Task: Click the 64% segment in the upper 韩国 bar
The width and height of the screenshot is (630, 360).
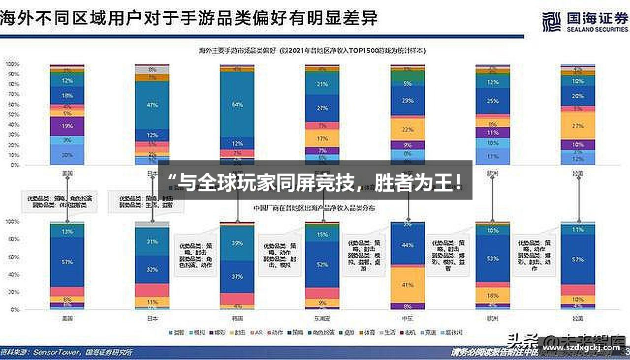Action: click(x=237, y=104)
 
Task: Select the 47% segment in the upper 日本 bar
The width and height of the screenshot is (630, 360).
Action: click(x=152, y=105)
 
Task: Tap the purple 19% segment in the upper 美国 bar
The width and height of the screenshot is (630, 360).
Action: click(x=67, y=126)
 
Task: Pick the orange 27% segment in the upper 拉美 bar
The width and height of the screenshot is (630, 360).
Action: click(x=578, y=125)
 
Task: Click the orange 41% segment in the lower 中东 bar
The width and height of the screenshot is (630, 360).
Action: click(x=408, y=285)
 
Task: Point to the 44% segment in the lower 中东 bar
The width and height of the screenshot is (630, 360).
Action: click(x=408, y=245)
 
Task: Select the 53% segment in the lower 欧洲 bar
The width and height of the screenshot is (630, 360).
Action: click(x=493, y=258)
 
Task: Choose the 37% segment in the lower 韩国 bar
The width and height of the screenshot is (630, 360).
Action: click(x=237, y=276)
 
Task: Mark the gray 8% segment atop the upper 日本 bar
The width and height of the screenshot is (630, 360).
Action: click(x=152, y=70)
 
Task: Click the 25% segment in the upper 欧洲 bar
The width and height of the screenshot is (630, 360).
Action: click(x=493, y=101)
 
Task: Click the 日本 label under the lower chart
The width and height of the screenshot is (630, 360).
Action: click(x=152, y=318)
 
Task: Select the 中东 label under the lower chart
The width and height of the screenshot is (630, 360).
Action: click(x=408, y=318)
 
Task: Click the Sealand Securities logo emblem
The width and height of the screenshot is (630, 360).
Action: click(x=551, y=22)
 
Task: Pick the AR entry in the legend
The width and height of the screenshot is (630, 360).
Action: click(x=257, y=332)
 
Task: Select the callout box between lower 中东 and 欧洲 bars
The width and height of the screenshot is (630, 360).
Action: click(x=449, y=255)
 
